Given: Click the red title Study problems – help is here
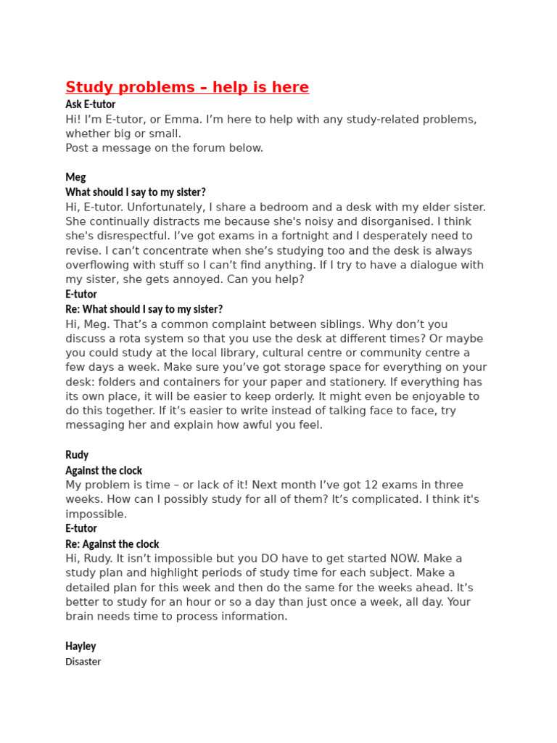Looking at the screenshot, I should coord(186,88).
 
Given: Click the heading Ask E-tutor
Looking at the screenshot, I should coord(90,104).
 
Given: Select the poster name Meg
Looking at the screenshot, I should coord(75,177).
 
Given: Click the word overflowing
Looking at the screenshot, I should coord(97,265).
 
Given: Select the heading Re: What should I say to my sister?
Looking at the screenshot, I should coord(144,309).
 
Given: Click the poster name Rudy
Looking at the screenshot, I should coord(77,455).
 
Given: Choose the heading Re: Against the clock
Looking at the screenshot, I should coord(112,543).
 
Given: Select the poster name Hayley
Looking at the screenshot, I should coord(81,646).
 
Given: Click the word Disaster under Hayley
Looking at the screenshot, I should coord(83,662).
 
